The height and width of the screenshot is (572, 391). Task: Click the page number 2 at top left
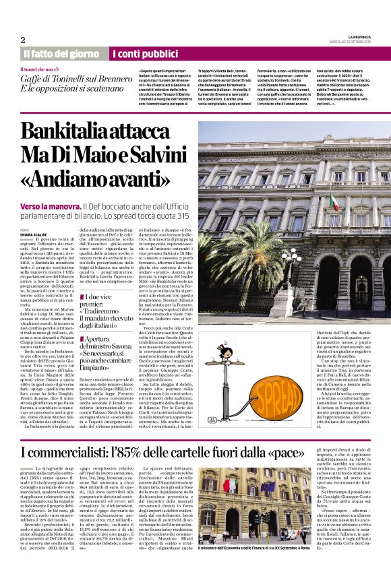click(23, 40)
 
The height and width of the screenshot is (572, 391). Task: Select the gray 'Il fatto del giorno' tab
click(61, 53)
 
